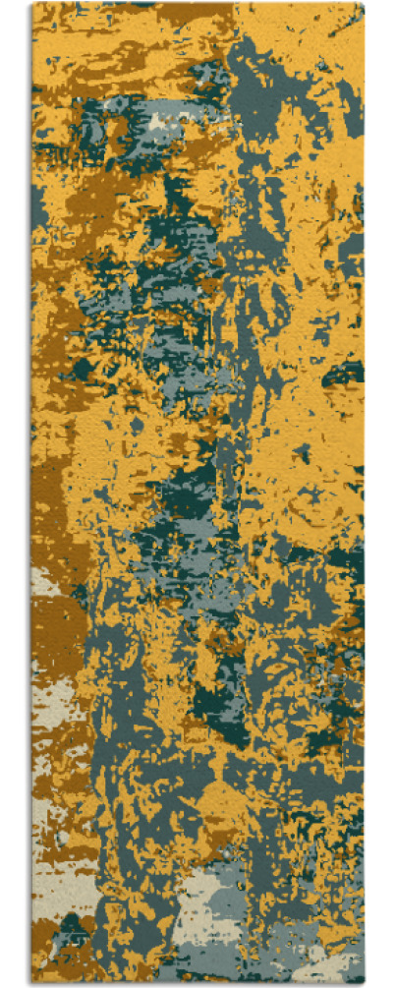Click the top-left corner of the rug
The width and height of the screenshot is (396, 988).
[32, 4]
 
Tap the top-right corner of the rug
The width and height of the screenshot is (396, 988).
[363, 4]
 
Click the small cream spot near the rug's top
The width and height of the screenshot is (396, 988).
[157, 122]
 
